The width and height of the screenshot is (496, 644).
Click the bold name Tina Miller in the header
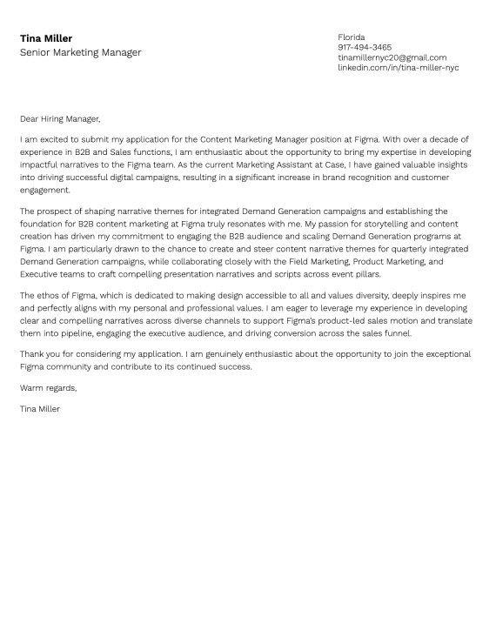46,38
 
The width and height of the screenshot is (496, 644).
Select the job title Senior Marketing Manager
80,52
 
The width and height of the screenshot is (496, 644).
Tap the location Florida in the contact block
352,37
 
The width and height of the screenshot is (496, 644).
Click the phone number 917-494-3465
365,47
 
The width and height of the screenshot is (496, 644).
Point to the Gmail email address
392,57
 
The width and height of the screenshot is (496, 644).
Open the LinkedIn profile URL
398,67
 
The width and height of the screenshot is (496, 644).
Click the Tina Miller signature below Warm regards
40,408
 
